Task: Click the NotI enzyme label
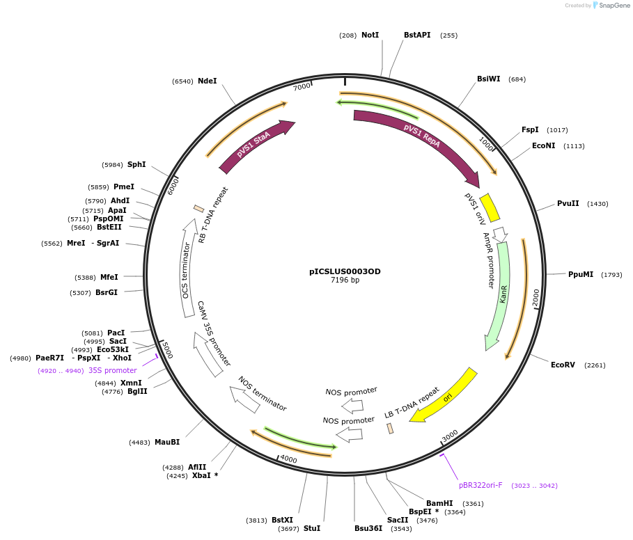point(370,35)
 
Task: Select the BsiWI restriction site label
point(488,79)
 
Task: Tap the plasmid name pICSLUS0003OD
point(345,271)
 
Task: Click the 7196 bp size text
point(345,280)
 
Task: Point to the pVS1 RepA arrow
point(418,139)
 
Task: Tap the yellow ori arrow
point(446,397)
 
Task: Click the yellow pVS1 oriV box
point(490,207)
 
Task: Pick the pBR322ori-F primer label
point(480,485)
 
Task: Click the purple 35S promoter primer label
point(112,370)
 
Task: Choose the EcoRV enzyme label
point(563,365)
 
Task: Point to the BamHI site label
point(439,503)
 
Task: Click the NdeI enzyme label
point(207,81)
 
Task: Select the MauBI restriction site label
point(167,442)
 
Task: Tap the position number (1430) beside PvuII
point(597,204)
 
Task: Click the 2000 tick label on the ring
point(536,297)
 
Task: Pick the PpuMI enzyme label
point(581,274)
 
